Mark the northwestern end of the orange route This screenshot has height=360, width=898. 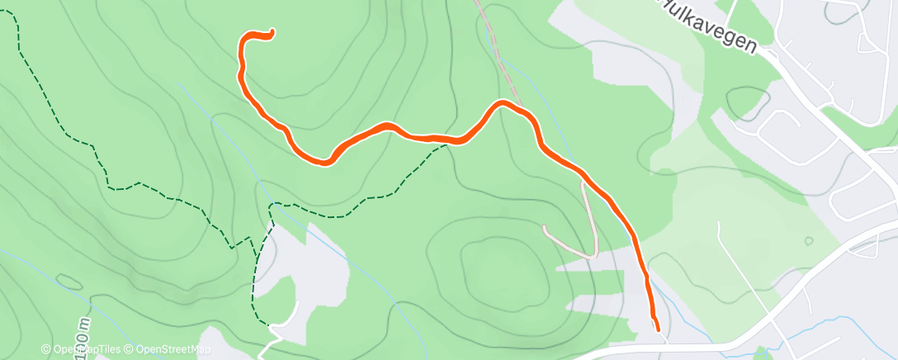click(272, 33)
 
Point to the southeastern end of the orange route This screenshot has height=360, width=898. click(657, 329)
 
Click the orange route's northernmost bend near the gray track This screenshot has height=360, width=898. click(501, 103)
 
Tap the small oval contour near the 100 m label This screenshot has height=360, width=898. click(69, 282)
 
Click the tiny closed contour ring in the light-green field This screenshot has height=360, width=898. click(808, 241)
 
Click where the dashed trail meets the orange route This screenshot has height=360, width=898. click(450, 141)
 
